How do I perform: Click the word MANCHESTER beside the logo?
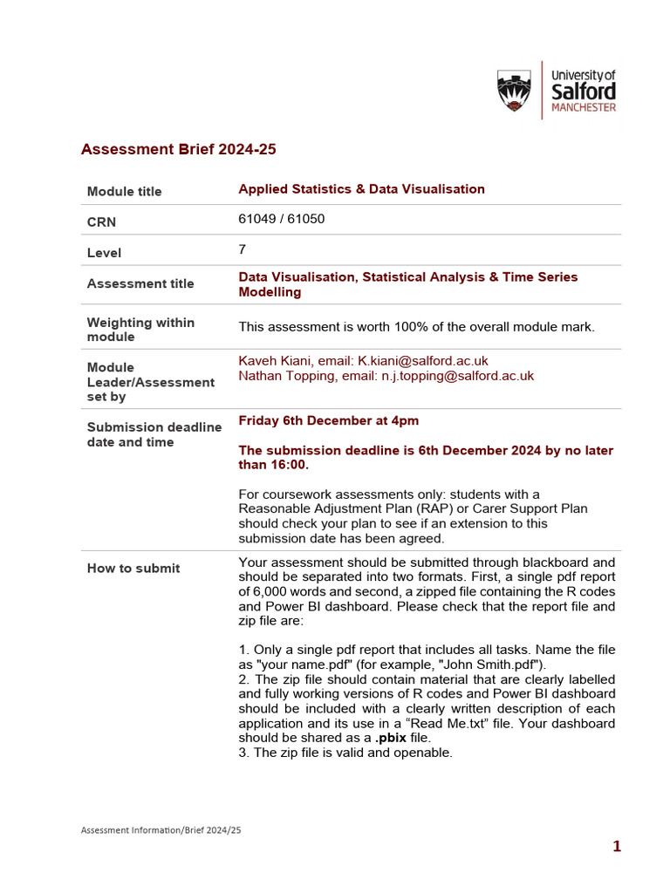coord(584,108)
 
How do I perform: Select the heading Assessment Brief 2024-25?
coord(178,149)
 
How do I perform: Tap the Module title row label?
coord(124,192)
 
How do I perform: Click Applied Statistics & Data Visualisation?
coord(361,189)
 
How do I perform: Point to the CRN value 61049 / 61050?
coord(281,219)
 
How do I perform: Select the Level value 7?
coord(243,249)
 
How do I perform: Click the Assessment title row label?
coord(140,283)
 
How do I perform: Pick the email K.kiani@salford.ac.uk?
coord(423,360)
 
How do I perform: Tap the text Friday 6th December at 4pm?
coord(328,420)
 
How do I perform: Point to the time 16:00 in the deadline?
coord(291,465)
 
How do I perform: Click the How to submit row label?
coord(133,569)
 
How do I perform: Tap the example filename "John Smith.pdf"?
coord(491,665)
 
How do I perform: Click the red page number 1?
coord(617,846)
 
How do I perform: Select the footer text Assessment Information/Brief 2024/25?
coord(161,830)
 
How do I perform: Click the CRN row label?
coord(101,222)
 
